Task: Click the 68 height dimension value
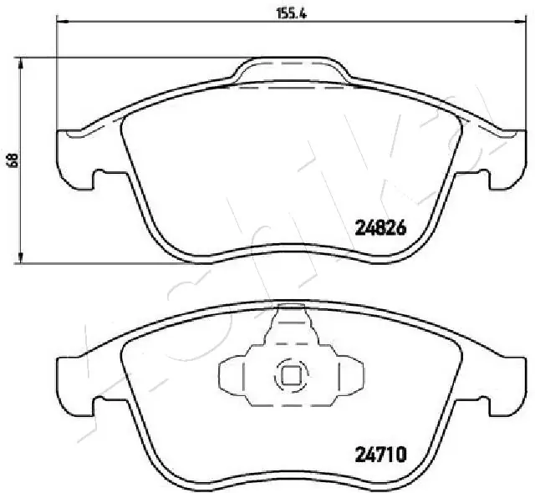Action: point(12,160)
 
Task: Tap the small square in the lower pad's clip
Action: point(289,377)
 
